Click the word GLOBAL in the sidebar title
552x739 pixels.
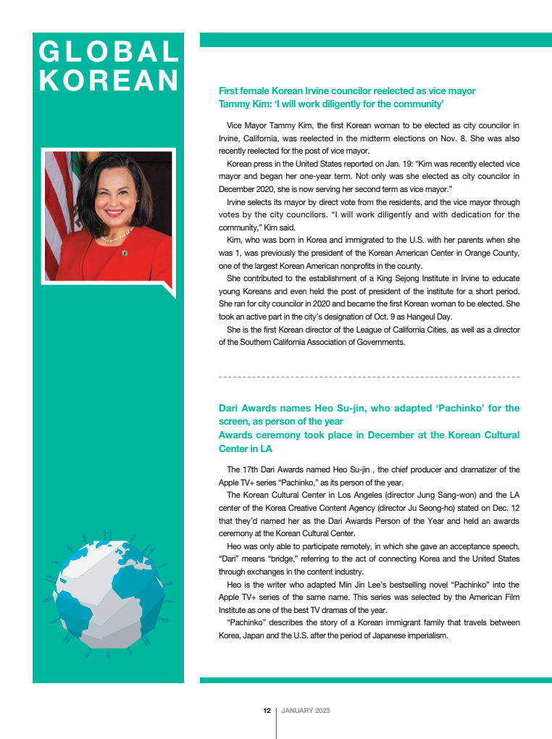(x=109, y=52)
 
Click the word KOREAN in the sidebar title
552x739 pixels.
(x=109, y=80)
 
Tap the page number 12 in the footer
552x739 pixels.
(x=267, y=711)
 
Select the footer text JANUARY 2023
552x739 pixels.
(x=306, y=711)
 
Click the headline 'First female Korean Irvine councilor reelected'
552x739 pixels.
(x=347, y=91)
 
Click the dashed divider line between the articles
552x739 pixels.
(x=369, y=377)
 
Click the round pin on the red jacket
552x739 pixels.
(x=125, y=253)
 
